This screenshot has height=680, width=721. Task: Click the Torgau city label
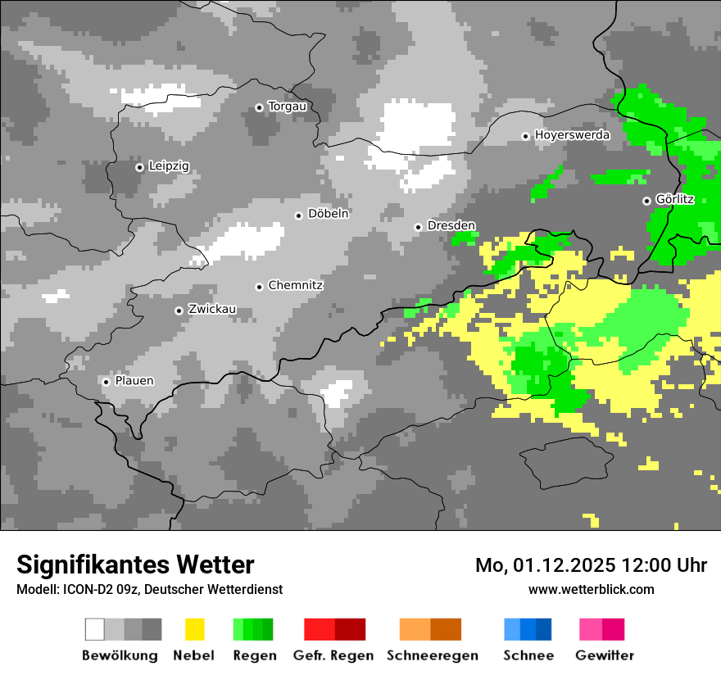pyautogui.click(x=287, y=107)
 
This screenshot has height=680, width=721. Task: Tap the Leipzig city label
pyautogui.click(x=169, y=166)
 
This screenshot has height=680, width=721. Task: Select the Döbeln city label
pyautogui.click(x=328, y=214)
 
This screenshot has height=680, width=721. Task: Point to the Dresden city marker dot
pyautogui.click(x=418, y=227)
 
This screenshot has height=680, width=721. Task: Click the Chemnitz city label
pyautogui.click(x=296, y=286)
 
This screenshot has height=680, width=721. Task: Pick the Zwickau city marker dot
pyautogui.click(x=179, y=311)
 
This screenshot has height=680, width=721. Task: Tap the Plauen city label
pyautogui.click(x=134, y=381)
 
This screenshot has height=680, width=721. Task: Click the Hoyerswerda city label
pyautogui.click(x=572, y=135)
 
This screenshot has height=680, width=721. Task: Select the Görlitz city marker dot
pyautogui.click(x=646, y=201)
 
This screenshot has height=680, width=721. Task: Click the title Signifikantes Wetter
pyautogui.click(x=135, y=564)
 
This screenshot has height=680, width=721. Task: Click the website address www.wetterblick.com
pyautogui.click(x=591, y=589)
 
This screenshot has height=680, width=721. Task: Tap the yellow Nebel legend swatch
pyautogui.click(x=194, y=629)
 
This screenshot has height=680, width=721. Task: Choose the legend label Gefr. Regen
pyautogui.click(x=333, y=655)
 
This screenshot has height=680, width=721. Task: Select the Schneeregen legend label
pyautogui.click(x=433, y=655)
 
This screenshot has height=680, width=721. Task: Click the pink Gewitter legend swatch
pyautogui.click(x=591, y=629)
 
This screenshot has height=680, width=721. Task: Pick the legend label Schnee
pyautogui.click(x=528, y=655)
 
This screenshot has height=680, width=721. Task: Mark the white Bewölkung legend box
pyautogui.click(x=95, y=629)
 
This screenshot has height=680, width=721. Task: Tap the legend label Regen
pyautogui.click(x=254, y=655)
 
